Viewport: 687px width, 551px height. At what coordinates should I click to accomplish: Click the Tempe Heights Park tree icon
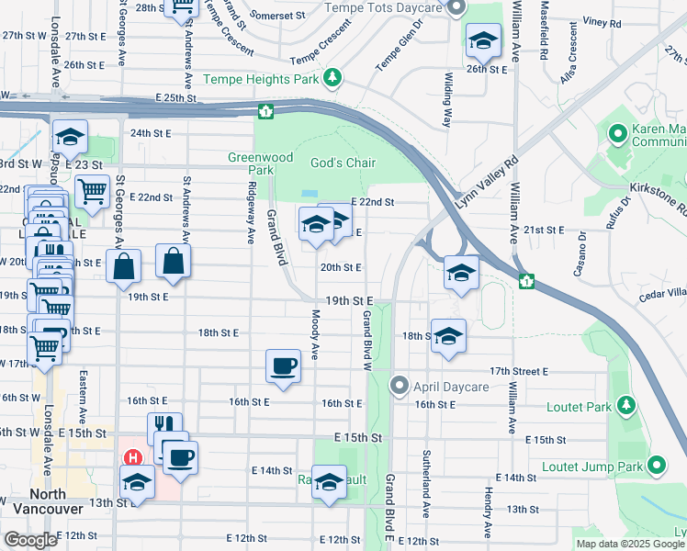coord(332,79)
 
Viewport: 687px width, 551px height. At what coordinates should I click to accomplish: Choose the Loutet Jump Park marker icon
coord(657,466)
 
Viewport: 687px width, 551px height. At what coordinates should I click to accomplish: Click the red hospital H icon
coord(134,457)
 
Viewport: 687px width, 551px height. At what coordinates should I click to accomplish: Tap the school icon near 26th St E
coord(483,42)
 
